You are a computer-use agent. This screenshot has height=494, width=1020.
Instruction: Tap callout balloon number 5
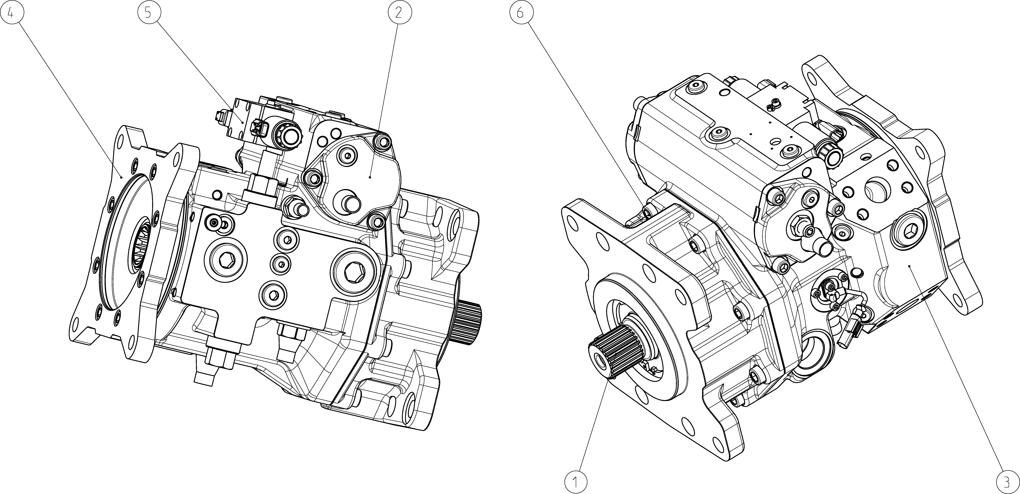[x=148, y=13]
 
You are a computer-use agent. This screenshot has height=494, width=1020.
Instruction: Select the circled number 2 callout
[x=399, y=13]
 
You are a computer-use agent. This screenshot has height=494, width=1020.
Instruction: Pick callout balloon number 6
[x=520, y=13]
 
